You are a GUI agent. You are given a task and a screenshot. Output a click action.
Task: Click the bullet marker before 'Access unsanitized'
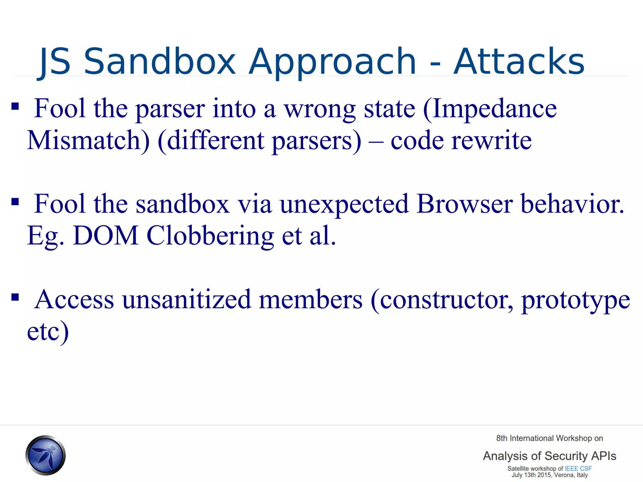(x=15, y=297)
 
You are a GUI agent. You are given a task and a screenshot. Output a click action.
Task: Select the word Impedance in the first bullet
(x=490, y=109)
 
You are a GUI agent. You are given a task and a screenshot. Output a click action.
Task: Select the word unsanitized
(x=187, y=300)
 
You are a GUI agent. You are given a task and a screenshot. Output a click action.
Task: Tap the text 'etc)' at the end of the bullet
(x=48, y=332)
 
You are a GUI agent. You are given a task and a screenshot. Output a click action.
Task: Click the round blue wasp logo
(x=46, y=455)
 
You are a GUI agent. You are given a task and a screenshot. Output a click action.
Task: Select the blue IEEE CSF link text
(x=578, y=469)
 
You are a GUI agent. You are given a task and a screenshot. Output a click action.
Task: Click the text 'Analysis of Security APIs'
(x=549, y=456)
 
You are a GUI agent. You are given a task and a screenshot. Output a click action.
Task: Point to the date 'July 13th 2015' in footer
(x=532, y=475)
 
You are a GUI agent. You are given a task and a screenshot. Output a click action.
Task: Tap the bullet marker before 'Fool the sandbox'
(x=15, y=201)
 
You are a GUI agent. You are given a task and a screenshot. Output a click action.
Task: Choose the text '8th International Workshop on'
(x=549, y=438)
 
